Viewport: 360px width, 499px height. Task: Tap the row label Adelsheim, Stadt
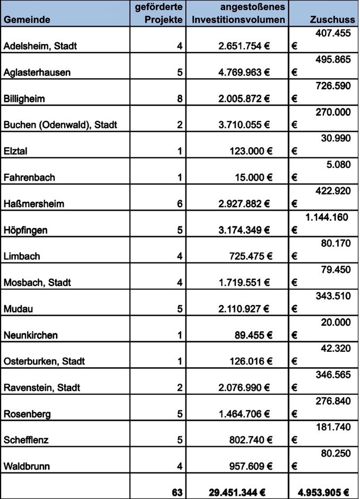pyautogui.click(x=40, y=46)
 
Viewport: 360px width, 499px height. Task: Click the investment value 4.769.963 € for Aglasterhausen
pyautogui.click(x=244, y=73)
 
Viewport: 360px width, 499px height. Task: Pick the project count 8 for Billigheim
pyautogui.click(x=180, y=99)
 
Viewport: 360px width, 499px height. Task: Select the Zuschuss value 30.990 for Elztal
pyautogui.click(x=336, y=138)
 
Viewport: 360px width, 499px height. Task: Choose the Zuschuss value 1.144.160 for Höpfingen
pyautogui.click(x=327, y=217)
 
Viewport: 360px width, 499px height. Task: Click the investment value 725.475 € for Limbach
pyautogui.click(x=248, y=257)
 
